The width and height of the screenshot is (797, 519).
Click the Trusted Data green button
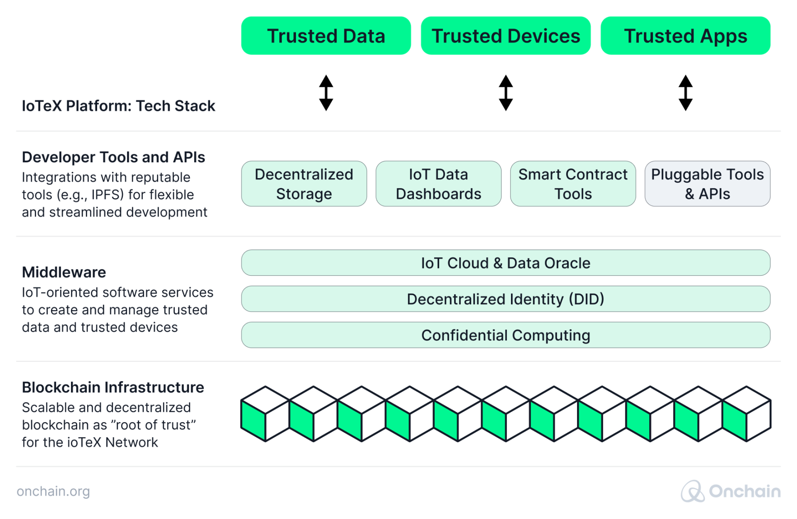[x=326, y=36]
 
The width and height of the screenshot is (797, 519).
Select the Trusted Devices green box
[x=506, y=36]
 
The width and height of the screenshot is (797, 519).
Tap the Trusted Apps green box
[x=685, y=36]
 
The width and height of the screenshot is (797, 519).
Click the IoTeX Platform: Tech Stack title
[x=119, y=106]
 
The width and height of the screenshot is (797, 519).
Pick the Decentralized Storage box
[x=304, y=184]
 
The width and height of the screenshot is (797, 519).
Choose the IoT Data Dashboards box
[x=438, y=184]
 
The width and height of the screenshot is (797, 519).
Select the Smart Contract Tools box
[x=573, y=184]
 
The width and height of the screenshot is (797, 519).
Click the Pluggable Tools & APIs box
[x=708, y=184]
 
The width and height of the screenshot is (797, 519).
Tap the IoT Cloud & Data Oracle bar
[x=506, y=263]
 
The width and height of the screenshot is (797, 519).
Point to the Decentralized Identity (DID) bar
[x=506, y=299]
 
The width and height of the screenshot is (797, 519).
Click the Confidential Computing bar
[x=506, y=335]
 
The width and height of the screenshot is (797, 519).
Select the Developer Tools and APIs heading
[x=113, y=157]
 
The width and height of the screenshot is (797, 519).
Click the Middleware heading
[x=64, y=273]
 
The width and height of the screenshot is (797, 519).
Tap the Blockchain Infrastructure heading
[x=113, y=387]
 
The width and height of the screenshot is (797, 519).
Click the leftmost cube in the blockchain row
[x=265, y=414]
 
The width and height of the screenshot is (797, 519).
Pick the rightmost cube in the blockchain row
[x=746, y=414]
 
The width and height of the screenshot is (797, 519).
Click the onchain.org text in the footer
[x=53, y=491]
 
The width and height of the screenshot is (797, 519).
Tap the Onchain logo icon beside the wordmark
[x=693, y=491]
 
